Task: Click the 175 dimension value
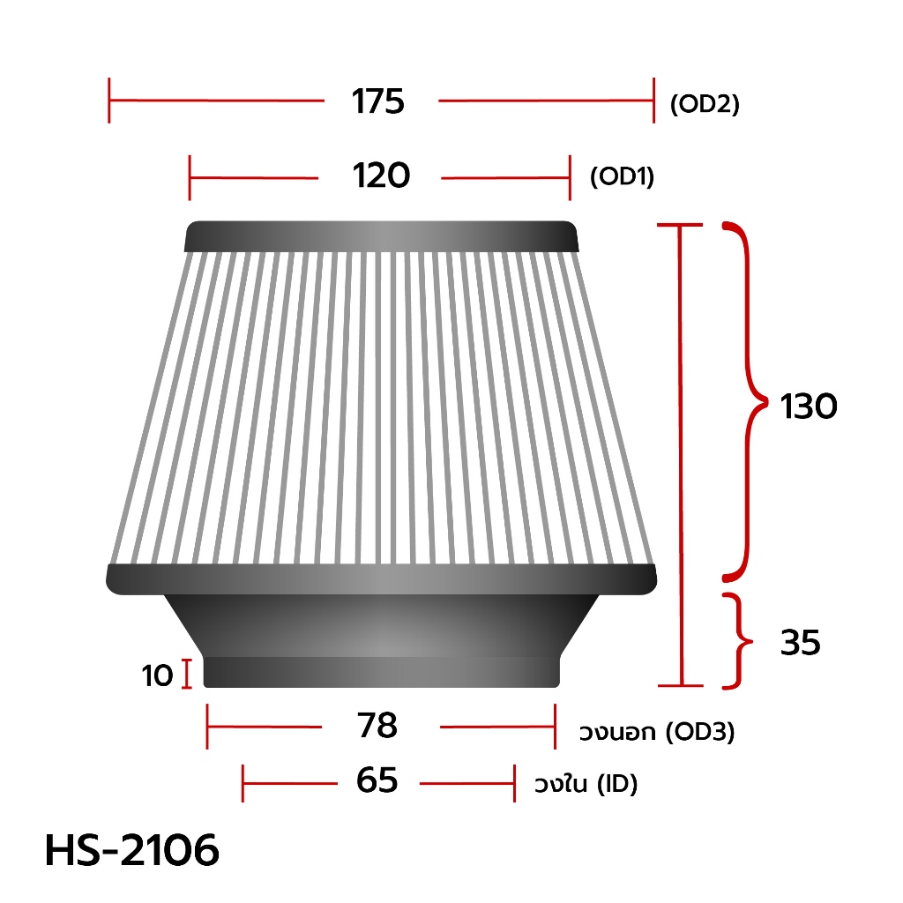pyautogui.click(x=378, y=101)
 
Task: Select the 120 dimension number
pyautogui.click(x=381, y=175)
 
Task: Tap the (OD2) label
pyautogui.click(x=705, y=104)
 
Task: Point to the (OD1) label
pyautogui.click(x=622, y=176)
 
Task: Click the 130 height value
pyautogui.click(x=809, y=407)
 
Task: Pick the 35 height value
pyautogui.click(x=801, y=643)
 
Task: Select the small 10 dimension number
pyautogui.click(x=157, y=675)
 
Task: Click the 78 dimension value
pyautogui.click(x=377, y=725)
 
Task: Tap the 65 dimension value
pyautogui.click(x=377, y=780)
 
